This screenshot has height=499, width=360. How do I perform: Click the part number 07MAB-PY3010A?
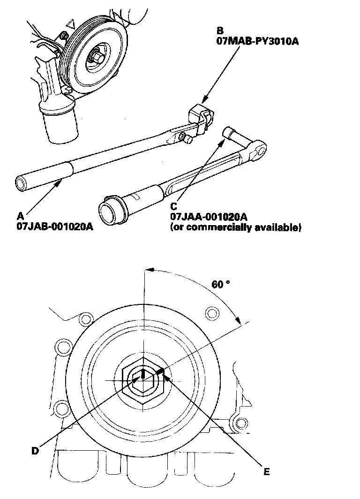click(257, 41)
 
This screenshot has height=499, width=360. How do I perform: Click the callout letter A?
click(20, 216)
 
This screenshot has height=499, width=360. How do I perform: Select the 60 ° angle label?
click(220, 284)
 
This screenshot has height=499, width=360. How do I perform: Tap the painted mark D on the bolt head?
click(142, 374)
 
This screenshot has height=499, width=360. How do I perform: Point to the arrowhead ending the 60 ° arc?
click(238, 321)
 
